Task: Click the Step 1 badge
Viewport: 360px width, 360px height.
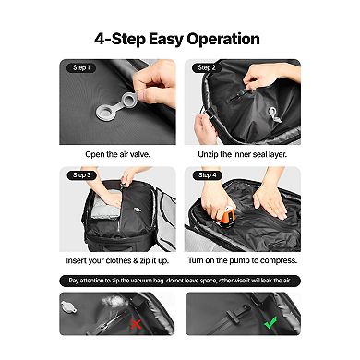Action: tap(80, 68)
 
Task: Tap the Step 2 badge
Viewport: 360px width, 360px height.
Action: tap(205, 68)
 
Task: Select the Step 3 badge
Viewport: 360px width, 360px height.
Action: tap(80, 174)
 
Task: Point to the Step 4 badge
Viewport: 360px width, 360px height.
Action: tap(205, 174)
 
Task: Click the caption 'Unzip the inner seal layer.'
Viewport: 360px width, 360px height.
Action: tap(242, 155)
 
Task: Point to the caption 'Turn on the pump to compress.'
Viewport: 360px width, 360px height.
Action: tap(242, 261)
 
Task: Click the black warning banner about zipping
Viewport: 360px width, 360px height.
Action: tap(179, 280)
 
